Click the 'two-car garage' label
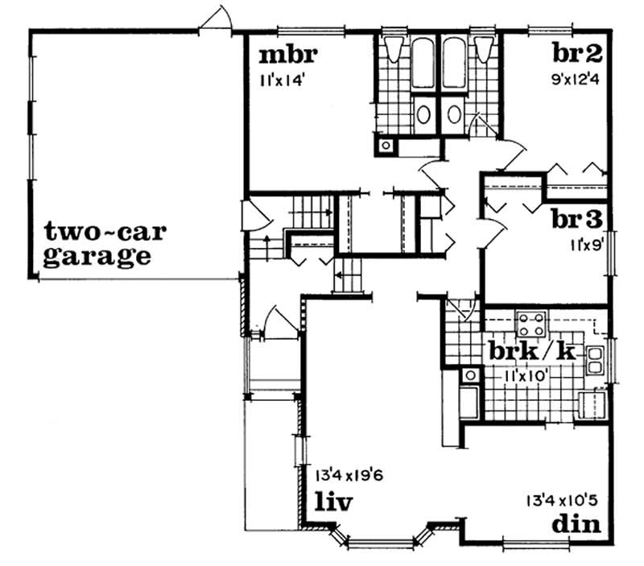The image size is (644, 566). click(105, 245)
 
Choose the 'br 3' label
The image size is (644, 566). click(577, 218)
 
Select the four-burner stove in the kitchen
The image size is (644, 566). click(530, 324)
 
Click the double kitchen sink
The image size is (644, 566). click(597, 359)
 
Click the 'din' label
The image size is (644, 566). click(577, 523)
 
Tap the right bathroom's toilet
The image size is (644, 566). click(484, 50)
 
